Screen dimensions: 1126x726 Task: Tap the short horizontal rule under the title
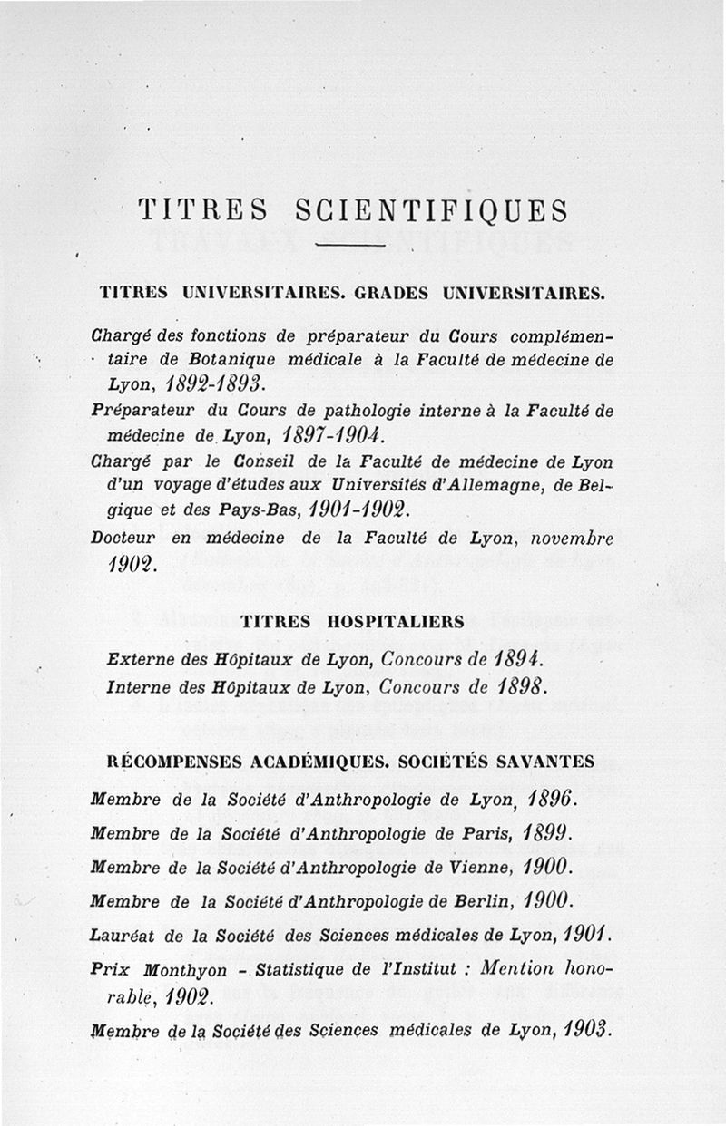[x=351, y=246]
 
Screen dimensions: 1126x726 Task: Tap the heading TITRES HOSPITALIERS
[x=353, y=622]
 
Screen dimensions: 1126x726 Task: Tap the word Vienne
[x=494, y=865]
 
